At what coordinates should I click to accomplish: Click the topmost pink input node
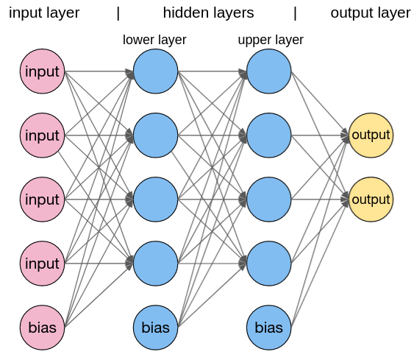click(x=42, y=71)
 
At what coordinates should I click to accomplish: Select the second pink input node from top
click(x=42, y=135)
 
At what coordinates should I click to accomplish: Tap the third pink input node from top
click(x=42, y=200)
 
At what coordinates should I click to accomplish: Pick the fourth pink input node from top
click(x=42, y=264)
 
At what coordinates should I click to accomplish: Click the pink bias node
click(x=42, y=327)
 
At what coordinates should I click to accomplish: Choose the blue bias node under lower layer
click(x=155, y=327)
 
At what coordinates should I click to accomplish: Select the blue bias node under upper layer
click(x=268, y=327)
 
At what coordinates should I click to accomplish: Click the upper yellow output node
click(x=370, y=135)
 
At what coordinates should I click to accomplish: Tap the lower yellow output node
click(x=370, y=200)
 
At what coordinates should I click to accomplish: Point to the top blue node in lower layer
click(x=155, y=71)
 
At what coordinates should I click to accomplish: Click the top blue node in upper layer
click(x=268, y=71)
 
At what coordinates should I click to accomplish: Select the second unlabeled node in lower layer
click(x=155, y=135)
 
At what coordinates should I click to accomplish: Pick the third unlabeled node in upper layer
click(x=268, y=200)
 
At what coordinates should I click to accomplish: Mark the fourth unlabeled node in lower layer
click(x=155, y=264)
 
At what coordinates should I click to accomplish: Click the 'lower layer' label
click(x=154, y=40)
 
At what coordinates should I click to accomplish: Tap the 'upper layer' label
click(x=271, y=40)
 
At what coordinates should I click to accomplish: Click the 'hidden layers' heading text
click(x=208, y=13)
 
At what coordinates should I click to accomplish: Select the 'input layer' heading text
click(x=44, y=13)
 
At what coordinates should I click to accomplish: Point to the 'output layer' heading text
click(x=370, y=13)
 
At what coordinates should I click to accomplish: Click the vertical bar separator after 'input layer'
click(x=118, y=13)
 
